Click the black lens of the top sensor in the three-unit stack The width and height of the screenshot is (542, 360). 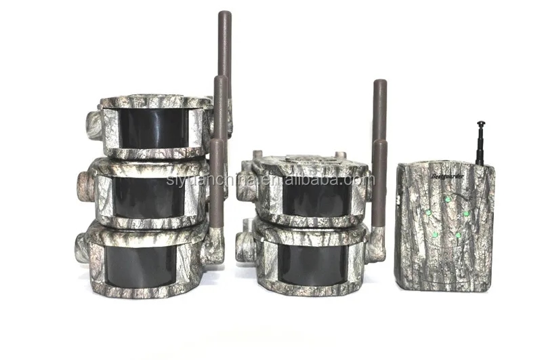point(152,128)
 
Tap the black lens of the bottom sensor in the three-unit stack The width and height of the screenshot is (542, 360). point(143,264)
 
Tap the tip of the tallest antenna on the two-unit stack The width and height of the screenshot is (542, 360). point(380,85)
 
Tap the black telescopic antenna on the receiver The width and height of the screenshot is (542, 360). point(480,142)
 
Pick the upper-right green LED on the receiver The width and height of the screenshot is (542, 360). point(466,214)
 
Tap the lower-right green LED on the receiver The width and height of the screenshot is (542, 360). point(459,235)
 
